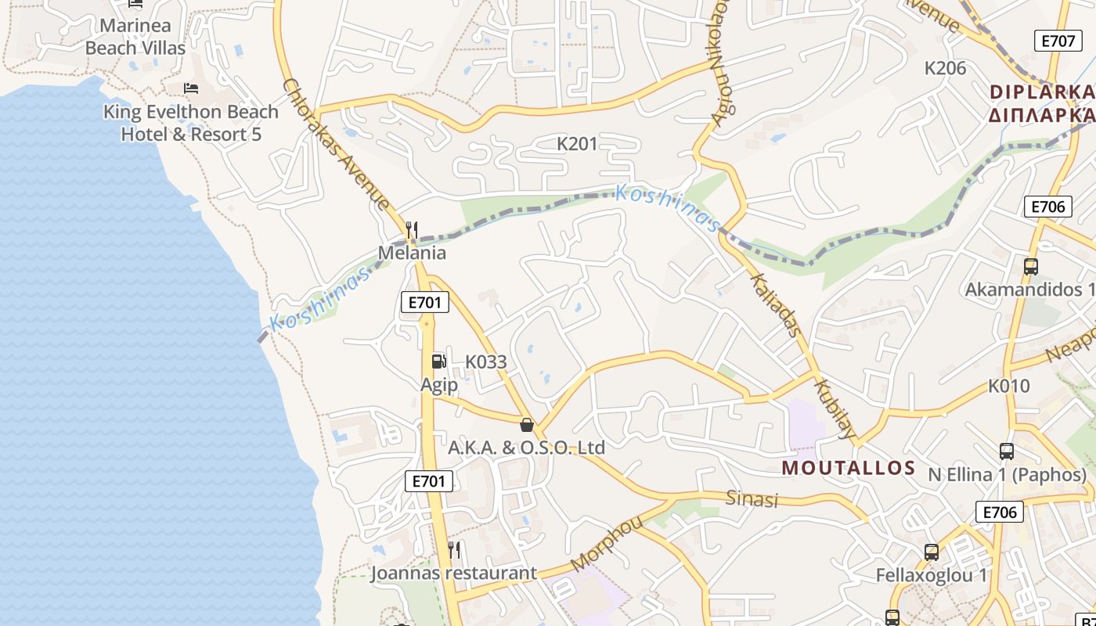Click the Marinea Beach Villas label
point(135,37)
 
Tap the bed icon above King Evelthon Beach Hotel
point(191,88)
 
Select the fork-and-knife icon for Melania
point(412,229)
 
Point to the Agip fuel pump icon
point(438,361)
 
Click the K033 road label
point(486,362)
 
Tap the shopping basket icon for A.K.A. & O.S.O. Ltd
point(527,425)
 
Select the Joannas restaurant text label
point(453,573)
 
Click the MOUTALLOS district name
point(849,468)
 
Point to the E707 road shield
point(1058,41)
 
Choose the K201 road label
point(577,144)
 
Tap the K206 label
point(946,68)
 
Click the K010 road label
point(1009,386)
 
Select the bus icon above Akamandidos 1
point(1031,266)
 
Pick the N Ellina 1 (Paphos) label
point(1008,475)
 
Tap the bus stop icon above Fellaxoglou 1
point(932,552)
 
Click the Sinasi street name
point(752,498)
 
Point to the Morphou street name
point(607,543)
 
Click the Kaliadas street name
point(776,305)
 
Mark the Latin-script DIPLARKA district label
point(1041,92)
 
